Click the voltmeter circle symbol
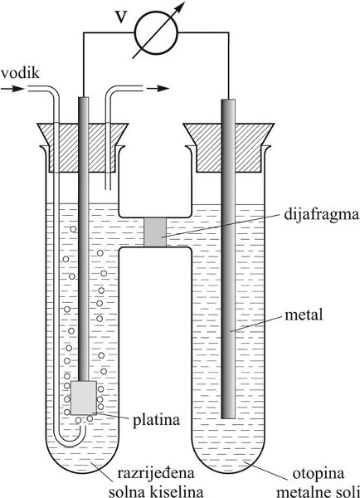pyautogui.click(x=156, y=32)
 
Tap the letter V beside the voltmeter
pyautogui.click(x=120, y=17)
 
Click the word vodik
pyautogui.click(x=20, y=73)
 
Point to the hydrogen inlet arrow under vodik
pyautogui.click(x=12, y=89)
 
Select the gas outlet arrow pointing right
pyautogui.click(x=158, y=89)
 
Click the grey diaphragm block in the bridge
pyautogui.click(x=155, y=232)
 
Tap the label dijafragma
pyautogui.click(x=321, y=216)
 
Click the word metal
pyautogui.click(x=304, y=315)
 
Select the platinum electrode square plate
pyautogui.click(x=84, y=398)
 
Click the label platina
pyautogui.click(x=156, y=421)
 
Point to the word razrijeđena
pyautogui.click(x=156, y=473)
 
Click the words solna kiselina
pyautogui.click(x=156, y=491)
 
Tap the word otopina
pyautogui.click(x=318, y=474)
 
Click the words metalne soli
pyautogui.click(x=318, y=492)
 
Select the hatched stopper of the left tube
pyautogui.click(x=81, y=148)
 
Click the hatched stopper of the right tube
pyautogui.click(x=229, y=148)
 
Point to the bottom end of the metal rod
pyautogui.click(x=228, y=417)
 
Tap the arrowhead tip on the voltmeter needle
pyautogui.click(x=184, y=2)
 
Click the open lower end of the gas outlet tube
pyautogui.click(x=108, y=189)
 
